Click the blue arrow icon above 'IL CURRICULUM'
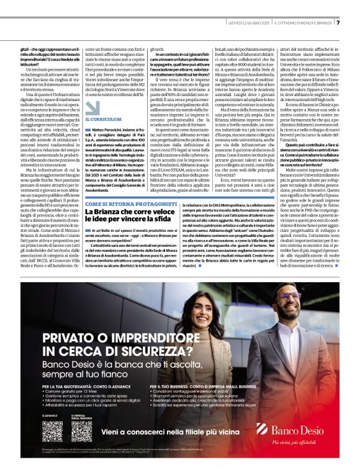click(92, 107)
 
